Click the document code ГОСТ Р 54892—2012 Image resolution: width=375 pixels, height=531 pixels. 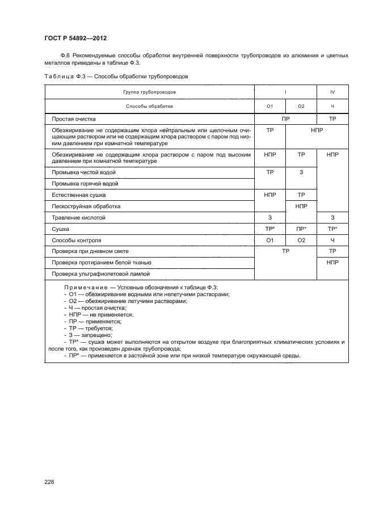(x=75, y=38)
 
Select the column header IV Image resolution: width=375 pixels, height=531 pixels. (x=332, y=91)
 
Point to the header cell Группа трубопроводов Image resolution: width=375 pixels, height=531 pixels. (x=149, y=91)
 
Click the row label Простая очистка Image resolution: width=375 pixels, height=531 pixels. (x=74, y=119)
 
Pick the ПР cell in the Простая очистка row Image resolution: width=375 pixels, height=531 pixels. (x=285, y=119)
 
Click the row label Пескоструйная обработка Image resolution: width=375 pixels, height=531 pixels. (x=86, y=206)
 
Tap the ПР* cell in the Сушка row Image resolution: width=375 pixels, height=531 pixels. (x=301, y=229)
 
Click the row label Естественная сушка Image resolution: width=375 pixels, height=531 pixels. (x=79, y=195)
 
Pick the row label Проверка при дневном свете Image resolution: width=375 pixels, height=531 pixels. (x=90, y=251)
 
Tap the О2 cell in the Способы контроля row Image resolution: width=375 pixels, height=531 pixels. (x=301, y=240)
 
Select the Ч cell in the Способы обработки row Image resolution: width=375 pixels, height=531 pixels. (x=332, y=106)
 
